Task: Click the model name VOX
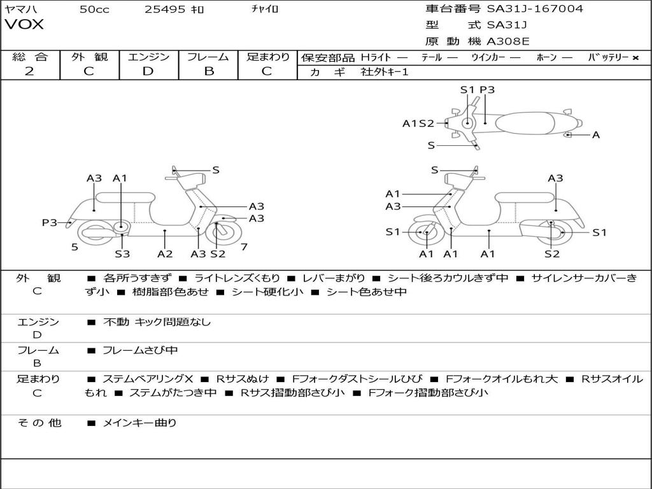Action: (24, 24)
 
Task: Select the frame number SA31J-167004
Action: (535, 8)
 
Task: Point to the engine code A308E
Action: (508, 41)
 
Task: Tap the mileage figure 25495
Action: (165, 9)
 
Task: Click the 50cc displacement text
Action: (94, 9)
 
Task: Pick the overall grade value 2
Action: (29, 71)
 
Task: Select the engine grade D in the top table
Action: (148, 71)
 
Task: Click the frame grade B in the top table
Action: (209, 71)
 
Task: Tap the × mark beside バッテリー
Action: (635, 58)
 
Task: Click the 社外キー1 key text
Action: (385, 72)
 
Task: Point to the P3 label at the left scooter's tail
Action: (50, 222)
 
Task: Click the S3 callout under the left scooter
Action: (122, 253)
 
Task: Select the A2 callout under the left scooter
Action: (165, 253)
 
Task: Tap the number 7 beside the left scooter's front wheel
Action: (244, 247)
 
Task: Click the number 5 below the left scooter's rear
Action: (74, 247)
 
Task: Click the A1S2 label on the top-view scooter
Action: (418, 124)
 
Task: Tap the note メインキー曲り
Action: (139, 423)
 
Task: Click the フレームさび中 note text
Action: (140, 351)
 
